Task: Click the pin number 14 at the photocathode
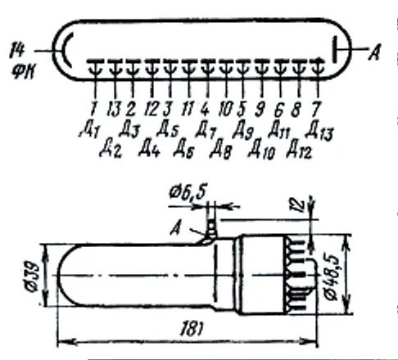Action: tap(17, 51)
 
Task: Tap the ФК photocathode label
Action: tap(23, 72)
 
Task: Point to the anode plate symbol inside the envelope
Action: tap(335, 49)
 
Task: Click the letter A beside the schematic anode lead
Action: tap(374, 52)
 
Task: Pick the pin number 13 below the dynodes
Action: tap(114, 109)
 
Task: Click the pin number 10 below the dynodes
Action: tap(225, 109)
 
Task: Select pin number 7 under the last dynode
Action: tap(316, 109)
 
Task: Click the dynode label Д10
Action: tap(261, 150)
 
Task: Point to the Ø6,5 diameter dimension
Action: tap(188, 191)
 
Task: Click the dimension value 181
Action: tap(192, 329)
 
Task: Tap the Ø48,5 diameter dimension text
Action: tap(333, 277)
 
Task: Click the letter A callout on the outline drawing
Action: tap(176, 228)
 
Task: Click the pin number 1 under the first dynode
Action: tap(93, 109)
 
